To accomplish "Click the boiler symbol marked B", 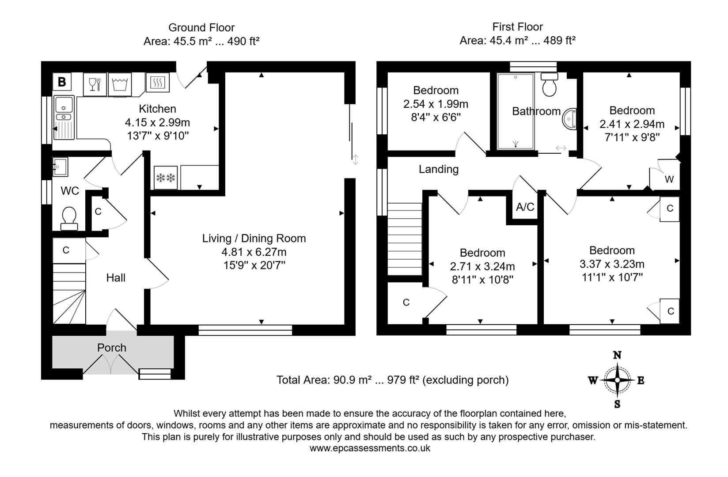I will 62,82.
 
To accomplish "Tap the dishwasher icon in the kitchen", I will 95,84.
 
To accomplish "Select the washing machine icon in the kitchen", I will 120,84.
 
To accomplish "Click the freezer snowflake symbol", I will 166,178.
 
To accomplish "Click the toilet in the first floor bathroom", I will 550,85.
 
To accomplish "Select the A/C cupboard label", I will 525,207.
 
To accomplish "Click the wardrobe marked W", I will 669,179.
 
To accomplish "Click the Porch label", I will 111,348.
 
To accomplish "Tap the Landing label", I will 438,169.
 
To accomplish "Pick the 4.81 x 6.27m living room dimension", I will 254,252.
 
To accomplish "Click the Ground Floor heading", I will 201,27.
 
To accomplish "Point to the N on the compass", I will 617,355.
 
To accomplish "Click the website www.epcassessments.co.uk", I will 369,448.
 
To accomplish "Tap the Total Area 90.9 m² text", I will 392,380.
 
